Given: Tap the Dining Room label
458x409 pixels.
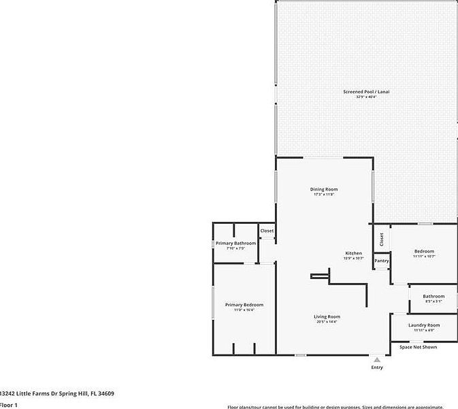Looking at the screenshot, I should [x=324, y=189].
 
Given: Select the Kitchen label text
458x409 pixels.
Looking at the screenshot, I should [x=353, y=253].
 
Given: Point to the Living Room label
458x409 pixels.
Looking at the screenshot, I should [x=327, y=316].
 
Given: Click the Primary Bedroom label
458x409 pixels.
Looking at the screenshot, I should [x=244, y=305].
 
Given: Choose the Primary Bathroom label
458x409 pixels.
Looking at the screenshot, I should [x=235, y=243].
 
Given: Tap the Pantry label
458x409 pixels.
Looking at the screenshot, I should [x=381, y=261].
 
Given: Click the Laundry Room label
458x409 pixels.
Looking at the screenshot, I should [x=423, y=325].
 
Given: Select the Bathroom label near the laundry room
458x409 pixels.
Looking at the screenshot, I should [x=433, y=296].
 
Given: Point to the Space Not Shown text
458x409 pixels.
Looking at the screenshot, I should [x=418, y=347].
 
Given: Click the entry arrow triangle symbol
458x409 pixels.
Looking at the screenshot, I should [x=377, y=359].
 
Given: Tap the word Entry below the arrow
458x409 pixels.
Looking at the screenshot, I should [x=377, y=367].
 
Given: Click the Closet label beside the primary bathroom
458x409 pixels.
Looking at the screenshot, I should [x=267, y=231].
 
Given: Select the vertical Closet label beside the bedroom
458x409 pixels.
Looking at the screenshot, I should [x=382, y=240].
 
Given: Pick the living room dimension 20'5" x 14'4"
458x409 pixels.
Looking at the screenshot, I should [x=327, y=322].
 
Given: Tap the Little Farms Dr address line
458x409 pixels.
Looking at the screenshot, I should [x=57, y=393].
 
